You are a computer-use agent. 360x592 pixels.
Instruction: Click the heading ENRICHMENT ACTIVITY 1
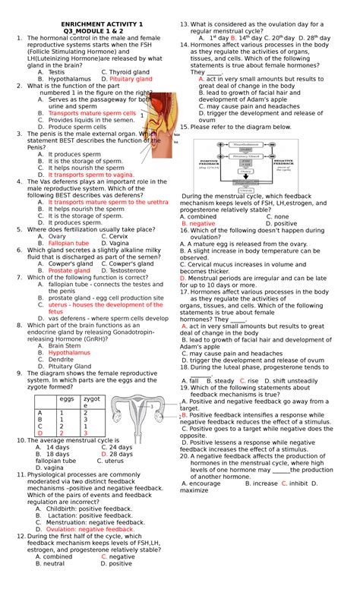[x=91, y=25]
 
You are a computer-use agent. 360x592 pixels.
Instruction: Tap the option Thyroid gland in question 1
[x=130, y=71]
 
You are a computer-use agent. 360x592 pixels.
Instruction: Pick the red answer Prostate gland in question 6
[x=69, y=270]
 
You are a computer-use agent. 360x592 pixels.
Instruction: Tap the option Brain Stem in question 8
[x=64, y=345]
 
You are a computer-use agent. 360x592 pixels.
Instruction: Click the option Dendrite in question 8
[x=62, y=359]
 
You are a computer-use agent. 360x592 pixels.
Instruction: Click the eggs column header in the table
[x=67, y=398]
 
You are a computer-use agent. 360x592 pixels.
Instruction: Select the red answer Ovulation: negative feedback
[x=90, y=529]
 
